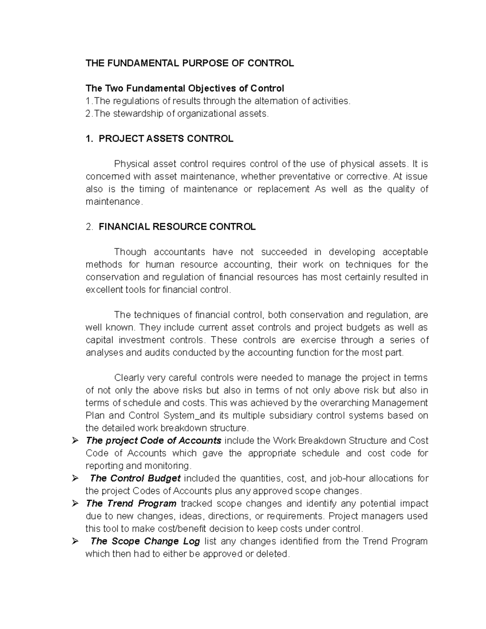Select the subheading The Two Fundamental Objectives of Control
pyautogui.click(x=185, y=88)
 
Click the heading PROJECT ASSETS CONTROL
pyautogui.click(x=166, y=139)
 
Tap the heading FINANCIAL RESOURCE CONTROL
pyautogui.click(x=177, y=227)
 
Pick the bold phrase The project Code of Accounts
pyautogui.click(x=153, y=441)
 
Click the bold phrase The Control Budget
pyautogui.click(x=135, y=478)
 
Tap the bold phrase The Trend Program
pyautogui.click(x=131, y=503)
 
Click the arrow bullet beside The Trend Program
pyautogui.click(x=75, y=504)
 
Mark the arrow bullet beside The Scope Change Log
pyautogui.click(x=75, y=542)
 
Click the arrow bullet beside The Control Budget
pyautogui.click(x=75, y=479)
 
